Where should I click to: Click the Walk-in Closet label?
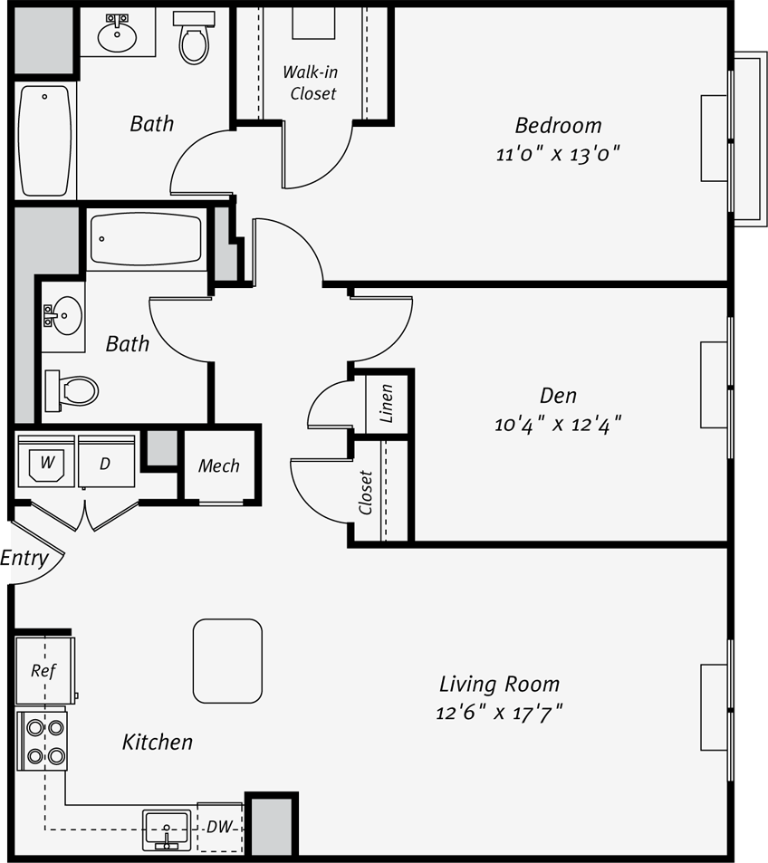pos(310,82)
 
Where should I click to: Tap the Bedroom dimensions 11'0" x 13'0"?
pos(558,154)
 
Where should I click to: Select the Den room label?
pos(558,395)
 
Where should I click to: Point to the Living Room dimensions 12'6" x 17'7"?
pos(499,713)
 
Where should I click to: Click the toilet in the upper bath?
pos(194,37)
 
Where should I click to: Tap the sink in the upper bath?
pos(117,34)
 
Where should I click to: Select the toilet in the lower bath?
pos(72,391)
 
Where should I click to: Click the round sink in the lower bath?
pos(64,316)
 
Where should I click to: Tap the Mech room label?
pos(218,466)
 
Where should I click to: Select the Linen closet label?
pos(387,404)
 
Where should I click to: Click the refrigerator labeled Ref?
pos(45,670)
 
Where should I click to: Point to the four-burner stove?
pos(43,742)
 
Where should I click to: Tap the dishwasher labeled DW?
pos(219,827)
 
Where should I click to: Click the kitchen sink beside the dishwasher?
pos(167,829)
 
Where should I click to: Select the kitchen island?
pos(227,661)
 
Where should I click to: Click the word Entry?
pos(24,558)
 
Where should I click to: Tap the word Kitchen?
pos(157,742)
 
